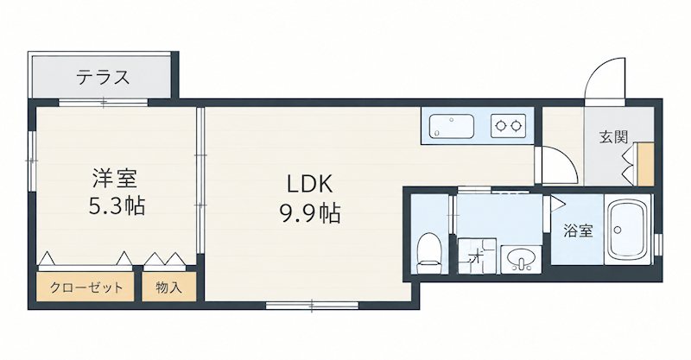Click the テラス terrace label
(x=103, y=78)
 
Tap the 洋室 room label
(x=115, y=178)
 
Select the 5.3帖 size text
(x=117, y=205)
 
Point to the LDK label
(x=309, y=184)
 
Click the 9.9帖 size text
(x=309, y=214)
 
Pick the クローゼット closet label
(x=86, y=287)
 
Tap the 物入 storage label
(x=168, y=287)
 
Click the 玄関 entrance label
(x=613, y=137)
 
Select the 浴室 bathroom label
(x=578, y=231)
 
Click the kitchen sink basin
(x=451, y=126)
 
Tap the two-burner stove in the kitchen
(x=508, y=126)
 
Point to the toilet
(x=428, y=253)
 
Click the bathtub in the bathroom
(x=627, y=229)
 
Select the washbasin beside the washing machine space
(x=521, y=259)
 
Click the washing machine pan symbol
(x=478, y=256)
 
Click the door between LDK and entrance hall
(x=555, y=165)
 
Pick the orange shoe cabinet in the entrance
(x=645, y=164)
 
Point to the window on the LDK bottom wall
(x=312, y=305)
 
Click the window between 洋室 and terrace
(x=103, y=103)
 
